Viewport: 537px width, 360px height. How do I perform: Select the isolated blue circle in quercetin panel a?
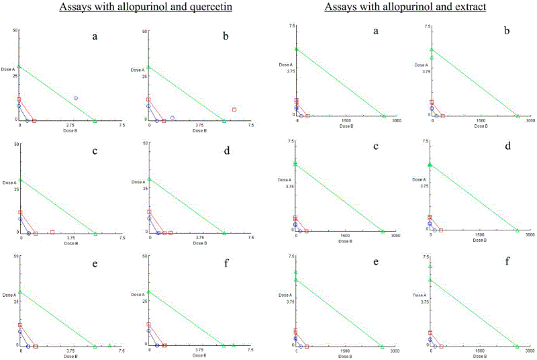pyautogui.click(x=76, y=98)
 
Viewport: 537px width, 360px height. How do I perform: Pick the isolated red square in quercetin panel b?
pyautogui.click(x=234, y=109)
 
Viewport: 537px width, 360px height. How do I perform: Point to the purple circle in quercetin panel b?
pyautogui.click(x=173, y=118)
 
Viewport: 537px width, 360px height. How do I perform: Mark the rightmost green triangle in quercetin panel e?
pyautogui.click(x=109, y=345)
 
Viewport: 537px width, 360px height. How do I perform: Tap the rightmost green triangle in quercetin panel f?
pyautogui.click(x=233, y=345)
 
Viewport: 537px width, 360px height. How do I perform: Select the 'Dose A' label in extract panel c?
pyautogui.click(x=287, y=179)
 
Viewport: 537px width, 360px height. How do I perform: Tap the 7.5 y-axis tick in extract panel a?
pyautogui.click(x=291, y=26)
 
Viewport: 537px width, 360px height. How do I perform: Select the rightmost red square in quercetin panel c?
pyautogui.click(x=52, y=232)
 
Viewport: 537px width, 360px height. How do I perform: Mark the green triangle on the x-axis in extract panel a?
pyautogui.click(x=384, y=116)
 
